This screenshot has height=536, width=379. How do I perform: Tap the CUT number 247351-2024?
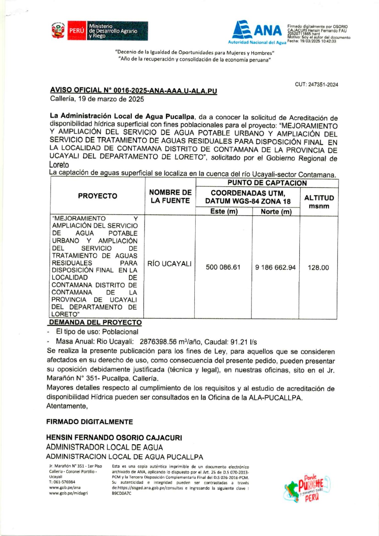click(x=316, y=85)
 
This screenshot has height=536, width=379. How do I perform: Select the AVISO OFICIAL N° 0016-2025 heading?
click(x=133, y=90)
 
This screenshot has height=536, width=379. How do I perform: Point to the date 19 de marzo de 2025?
click(x=97, y=99)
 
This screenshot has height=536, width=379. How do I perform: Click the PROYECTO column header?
click(x=98, y=196)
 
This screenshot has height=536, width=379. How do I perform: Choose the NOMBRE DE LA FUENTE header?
click(x=170, y=196)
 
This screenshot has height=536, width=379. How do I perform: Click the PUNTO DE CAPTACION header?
click(x=267, y=183)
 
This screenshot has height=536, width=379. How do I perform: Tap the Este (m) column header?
click(x=224, y=212)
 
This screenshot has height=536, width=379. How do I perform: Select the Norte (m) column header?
click(x=276, y=212)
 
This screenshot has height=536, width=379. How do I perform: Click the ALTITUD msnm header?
click(x=319, y=202)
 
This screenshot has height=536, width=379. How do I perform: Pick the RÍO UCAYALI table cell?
click(x=170, y=264)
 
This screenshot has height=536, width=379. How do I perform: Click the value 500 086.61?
click(x=223, y=267)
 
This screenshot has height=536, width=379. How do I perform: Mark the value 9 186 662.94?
click(x=275, y=267)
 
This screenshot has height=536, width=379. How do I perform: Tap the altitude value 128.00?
click(x=318, y=268)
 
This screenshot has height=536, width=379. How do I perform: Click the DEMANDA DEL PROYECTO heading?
click(x=96, y=323)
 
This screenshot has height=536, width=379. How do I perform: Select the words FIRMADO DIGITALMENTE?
click(x=89, y=422)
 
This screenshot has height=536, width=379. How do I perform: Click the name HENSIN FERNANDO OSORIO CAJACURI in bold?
click(x=114, y=438)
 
